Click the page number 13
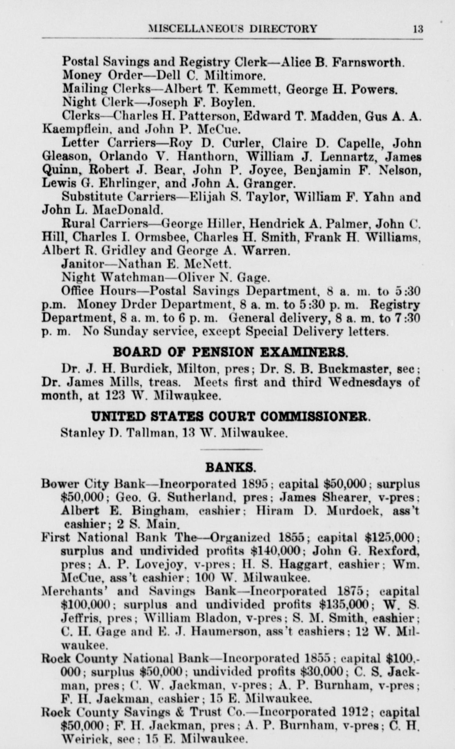[418, 29]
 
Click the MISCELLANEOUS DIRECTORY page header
[233, 29]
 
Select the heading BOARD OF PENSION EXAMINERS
[230, 352]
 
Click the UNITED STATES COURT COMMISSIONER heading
[230, 416]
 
